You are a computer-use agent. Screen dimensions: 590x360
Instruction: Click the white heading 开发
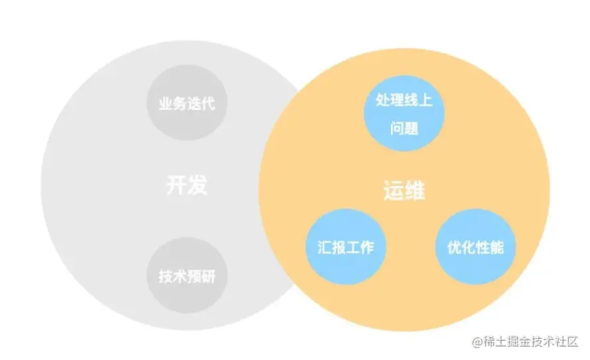click(x=186, y=185)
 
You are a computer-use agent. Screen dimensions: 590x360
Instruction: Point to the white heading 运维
click(x=404, y=191)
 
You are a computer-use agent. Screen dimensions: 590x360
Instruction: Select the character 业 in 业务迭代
click(x=165, y=104)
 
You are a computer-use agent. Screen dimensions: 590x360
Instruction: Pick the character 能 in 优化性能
click(x=496, y=248)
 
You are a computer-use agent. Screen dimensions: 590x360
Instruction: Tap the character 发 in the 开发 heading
click(x=197, y=185)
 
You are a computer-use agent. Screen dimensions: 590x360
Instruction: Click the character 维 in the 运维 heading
click(x=415, y=191)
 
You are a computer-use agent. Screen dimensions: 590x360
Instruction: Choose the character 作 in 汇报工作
click(x=366, y=248)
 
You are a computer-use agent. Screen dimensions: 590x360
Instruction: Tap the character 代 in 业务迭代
click(x=207, y=104)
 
